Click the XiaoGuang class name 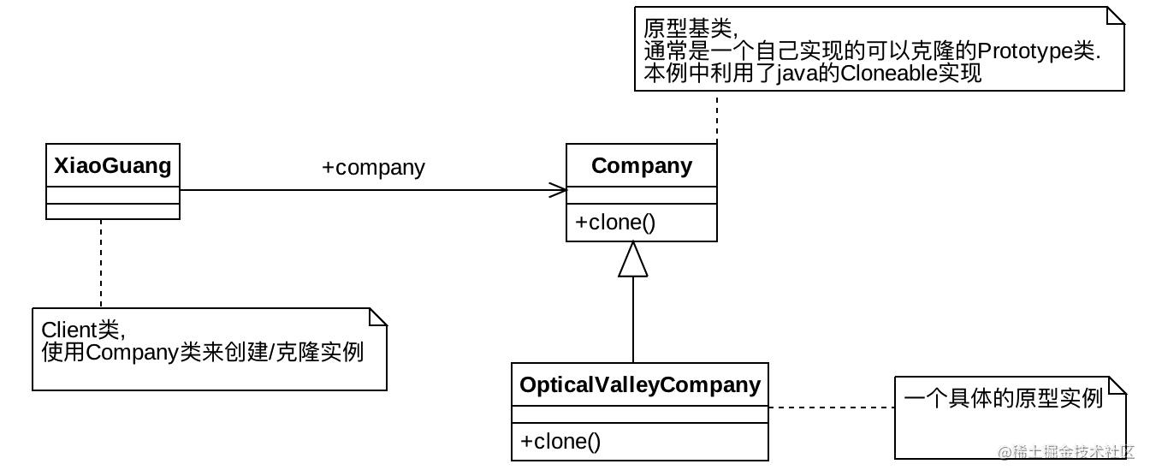[112, 166]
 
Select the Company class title [641, 166]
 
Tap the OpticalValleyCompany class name [640, 385]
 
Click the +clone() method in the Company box [615, 223]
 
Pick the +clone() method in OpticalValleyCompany [560, 442]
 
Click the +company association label [373, 168]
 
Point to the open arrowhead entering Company [558, 190]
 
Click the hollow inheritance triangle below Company [633, 259]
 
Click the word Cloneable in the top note [889, 73]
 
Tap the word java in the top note [795, 74]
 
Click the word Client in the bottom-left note [69, 330]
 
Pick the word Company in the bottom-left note [132, 353]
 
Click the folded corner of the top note [1115, 16]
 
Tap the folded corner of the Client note [378, 317]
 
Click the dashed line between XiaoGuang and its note [101, 264]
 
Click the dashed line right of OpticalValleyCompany [832, 408]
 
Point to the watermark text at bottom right [1066, 452]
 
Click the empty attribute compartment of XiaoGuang [113, 195]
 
